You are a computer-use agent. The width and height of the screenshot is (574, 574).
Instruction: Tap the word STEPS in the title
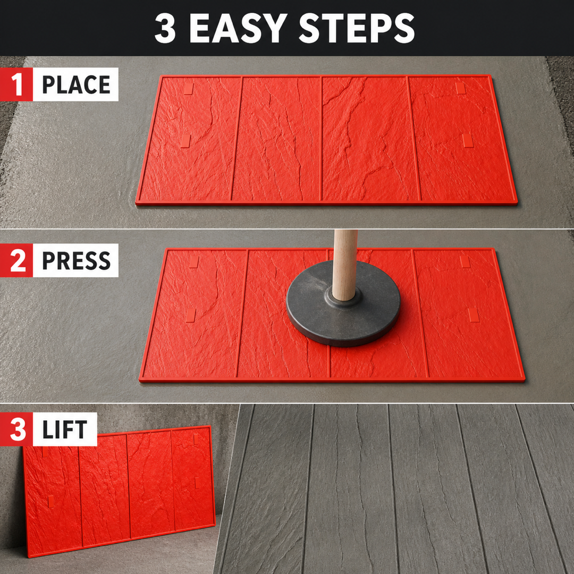pos(357,29)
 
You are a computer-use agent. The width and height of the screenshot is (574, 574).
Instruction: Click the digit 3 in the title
pos(165,29)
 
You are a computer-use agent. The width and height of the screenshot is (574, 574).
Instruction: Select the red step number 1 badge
pos(16,84)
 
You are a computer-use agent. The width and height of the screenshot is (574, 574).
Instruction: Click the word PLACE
pos(76,85)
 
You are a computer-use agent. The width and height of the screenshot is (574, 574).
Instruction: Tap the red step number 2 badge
pos(16,260)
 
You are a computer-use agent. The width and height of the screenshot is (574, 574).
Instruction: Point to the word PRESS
pos(76,260)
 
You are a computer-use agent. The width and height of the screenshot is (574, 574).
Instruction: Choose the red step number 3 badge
pos(16,429)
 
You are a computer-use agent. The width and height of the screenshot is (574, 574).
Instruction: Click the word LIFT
pos(65,429)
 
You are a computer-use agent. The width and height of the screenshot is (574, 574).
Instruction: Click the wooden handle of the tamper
pos(344,264)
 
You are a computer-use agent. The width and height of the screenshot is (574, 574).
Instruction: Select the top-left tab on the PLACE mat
pos(188,88)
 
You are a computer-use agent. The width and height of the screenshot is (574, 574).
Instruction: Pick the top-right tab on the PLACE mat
pos(460,88)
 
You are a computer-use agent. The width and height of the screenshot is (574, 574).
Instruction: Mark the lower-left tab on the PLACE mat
pos(185,141)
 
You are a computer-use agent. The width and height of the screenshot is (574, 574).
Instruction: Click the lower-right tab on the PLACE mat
pos(468,140)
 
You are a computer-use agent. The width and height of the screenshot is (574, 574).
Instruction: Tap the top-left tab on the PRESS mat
pos(193,261)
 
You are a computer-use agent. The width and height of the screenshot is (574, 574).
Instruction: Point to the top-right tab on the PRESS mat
pos(465,261)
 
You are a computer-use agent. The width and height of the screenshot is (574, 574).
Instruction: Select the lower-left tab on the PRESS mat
pos(191,316)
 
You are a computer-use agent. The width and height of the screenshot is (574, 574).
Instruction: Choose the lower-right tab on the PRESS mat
pos(474,315)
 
